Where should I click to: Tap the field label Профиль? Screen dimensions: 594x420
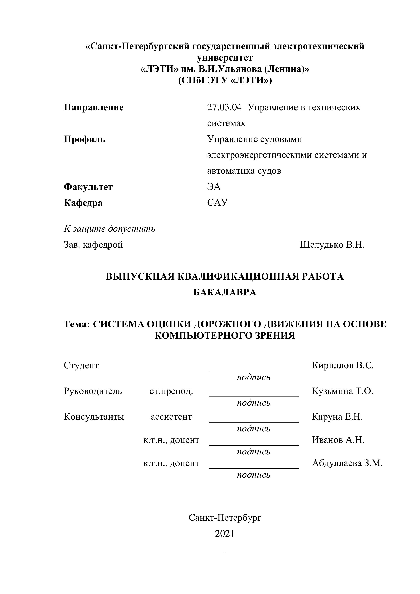coord(84,139)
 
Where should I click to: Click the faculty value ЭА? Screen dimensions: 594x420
coord(214,186)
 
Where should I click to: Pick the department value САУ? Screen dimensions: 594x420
coord(218,202)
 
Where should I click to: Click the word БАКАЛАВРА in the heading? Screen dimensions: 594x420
coord(225,292)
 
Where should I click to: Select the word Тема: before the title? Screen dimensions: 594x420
coord(77,324)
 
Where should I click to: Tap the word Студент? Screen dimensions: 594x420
coord(81,365)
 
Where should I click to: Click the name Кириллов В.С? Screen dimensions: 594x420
coord(343,365)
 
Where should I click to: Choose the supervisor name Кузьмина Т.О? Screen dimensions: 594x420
coord(342,391)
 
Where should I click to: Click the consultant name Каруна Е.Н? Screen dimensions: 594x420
coord(337,417)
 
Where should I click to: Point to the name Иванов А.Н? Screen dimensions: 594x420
coord(338,440)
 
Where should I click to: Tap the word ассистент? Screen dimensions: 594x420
coord(171,417)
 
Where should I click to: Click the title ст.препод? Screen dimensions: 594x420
coord(171,391)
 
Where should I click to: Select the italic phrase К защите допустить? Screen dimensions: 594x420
coord(109,229)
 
